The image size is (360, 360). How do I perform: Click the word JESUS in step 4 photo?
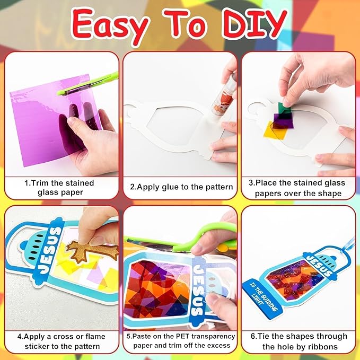[50, 250]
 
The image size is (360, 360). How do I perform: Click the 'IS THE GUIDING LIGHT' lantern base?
[262, 297]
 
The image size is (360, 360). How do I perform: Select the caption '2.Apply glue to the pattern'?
[181, 187]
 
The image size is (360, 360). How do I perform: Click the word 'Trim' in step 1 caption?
[40, 183]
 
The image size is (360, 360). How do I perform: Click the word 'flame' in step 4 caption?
[95, 337]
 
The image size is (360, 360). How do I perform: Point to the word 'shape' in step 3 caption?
[330, 194]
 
